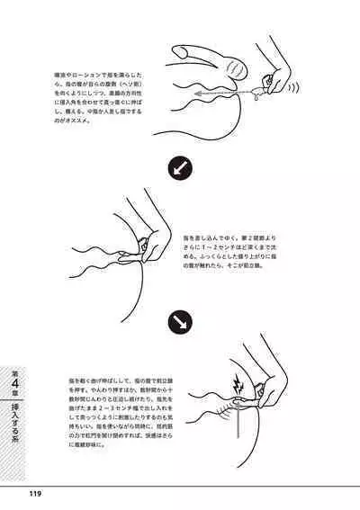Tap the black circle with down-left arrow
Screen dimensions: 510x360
(x=179, y=167)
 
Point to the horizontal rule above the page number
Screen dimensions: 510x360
(x=180, y=484)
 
